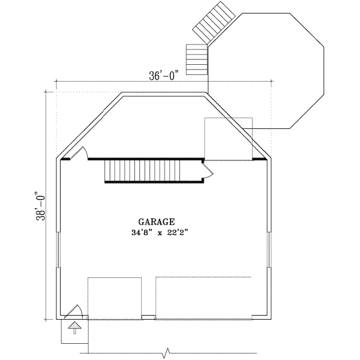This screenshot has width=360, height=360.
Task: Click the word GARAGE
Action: (158, 221)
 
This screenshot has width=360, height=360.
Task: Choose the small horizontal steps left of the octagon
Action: (196, 59)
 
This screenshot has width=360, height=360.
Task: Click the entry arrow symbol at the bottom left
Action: (74, 327)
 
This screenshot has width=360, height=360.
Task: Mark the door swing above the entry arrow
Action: (76, 310)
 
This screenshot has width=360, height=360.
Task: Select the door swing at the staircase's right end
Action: (207, 172)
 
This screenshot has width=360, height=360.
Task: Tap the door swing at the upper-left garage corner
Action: (84, 153)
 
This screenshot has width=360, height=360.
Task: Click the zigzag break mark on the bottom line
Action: (167, 353)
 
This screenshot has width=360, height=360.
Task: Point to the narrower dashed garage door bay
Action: (115, 296)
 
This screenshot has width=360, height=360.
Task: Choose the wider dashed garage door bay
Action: (203, 296)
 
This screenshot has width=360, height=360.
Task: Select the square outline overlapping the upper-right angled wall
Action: (229, 139)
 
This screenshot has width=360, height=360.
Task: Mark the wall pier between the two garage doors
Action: (148, 316)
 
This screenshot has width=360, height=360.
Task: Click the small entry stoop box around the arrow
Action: (74, 330)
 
